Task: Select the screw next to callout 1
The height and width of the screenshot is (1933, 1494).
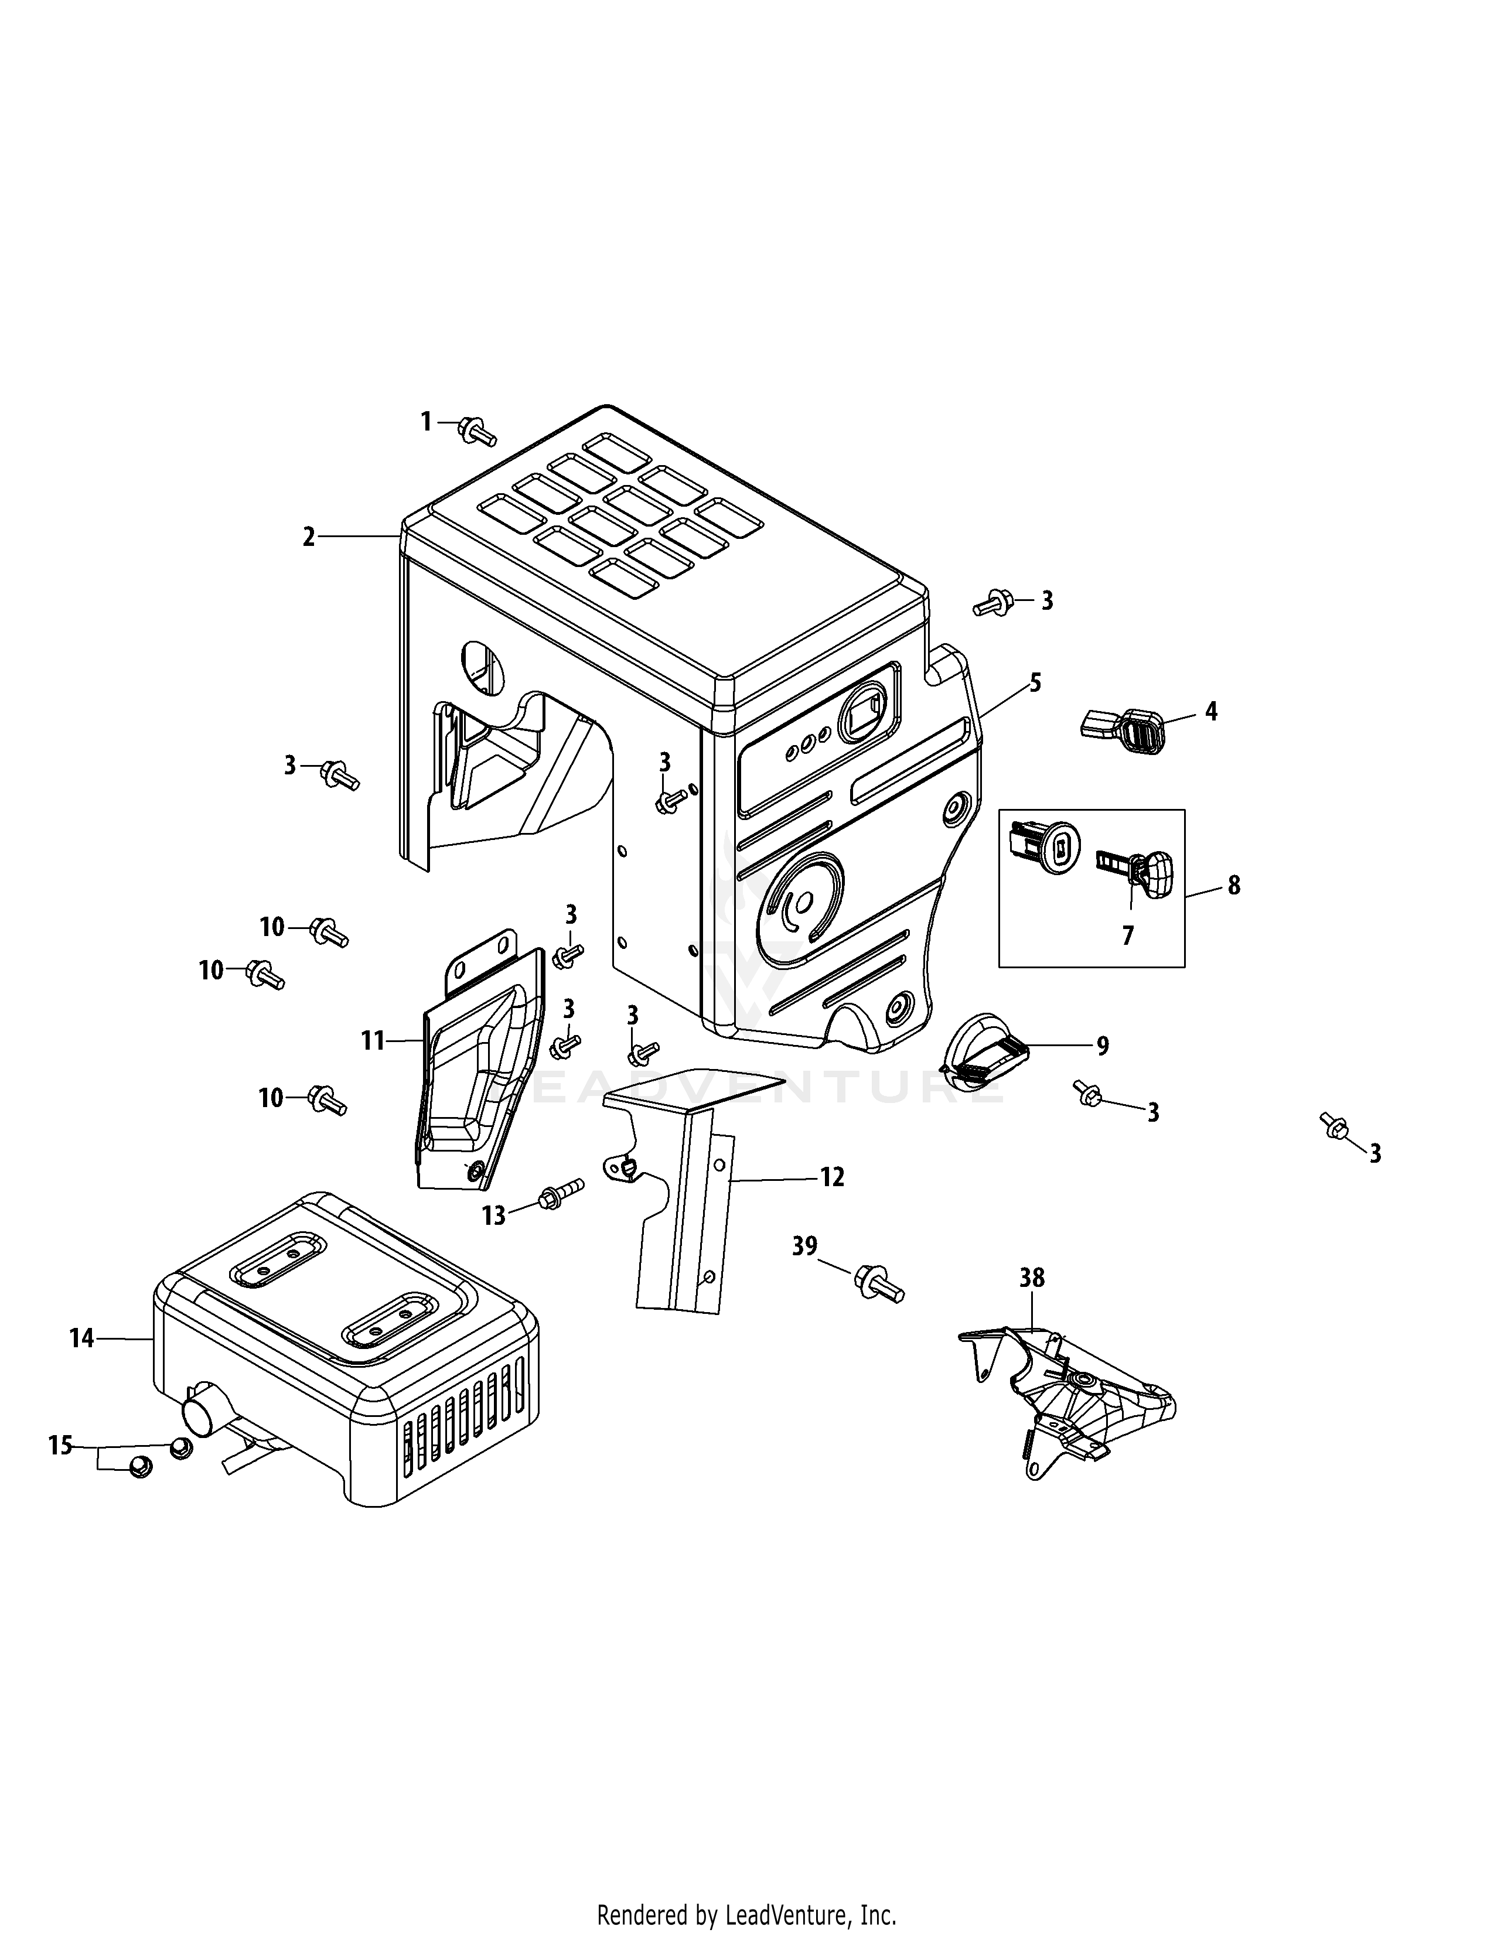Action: tap(476, 433)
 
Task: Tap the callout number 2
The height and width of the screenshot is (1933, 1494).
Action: tap(308, 537)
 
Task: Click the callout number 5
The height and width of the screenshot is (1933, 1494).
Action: tap(1035, 682)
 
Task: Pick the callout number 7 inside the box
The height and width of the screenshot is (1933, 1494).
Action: tap(1127, 935)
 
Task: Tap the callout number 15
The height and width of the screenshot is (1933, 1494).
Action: tap(60, 1445)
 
